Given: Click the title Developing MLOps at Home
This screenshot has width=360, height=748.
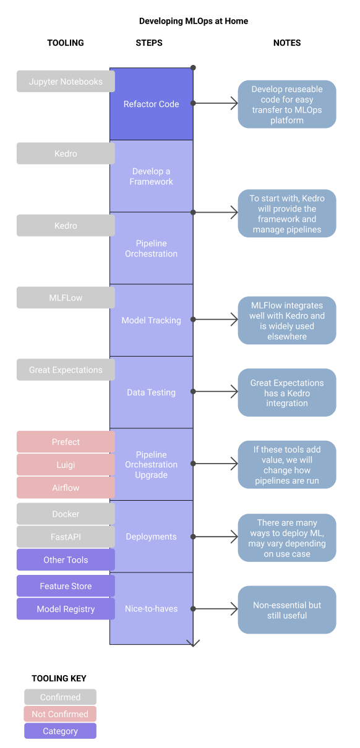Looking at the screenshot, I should tap(193, 21).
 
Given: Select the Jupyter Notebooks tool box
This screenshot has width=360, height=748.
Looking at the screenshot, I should tap(66, 82).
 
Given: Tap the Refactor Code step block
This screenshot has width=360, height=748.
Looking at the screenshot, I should tap(152, 104).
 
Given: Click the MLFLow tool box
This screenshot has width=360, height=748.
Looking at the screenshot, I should tap(66, 298).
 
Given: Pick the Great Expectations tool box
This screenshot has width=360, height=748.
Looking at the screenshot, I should tap(66, 370).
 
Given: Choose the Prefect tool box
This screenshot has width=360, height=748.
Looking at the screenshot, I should tap(66, 442).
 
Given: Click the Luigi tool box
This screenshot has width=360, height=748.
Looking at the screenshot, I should tap(66, 465).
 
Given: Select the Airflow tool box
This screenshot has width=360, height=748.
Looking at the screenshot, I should tap(66, 488).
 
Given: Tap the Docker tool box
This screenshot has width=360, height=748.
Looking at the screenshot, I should tap(66, 514).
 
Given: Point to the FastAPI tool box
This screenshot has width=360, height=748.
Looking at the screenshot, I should tap(66, 537).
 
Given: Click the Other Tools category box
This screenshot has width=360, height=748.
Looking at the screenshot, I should tap(66, 560).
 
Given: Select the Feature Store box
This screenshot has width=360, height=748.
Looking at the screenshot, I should tap(66, 586).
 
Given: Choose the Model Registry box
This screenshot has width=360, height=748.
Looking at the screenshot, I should tap(66, 609).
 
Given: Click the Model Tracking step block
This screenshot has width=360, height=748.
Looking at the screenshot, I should tap(152, 320).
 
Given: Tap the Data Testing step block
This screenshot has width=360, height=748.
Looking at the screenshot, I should tap(152, 392).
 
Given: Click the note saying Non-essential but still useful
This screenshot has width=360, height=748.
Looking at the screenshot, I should tap(287, 610).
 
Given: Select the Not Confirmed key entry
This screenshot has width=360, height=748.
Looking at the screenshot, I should tap(61, 714).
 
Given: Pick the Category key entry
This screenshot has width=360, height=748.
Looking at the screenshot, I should tap(61, 731).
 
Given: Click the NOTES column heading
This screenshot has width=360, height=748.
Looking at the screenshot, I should tap(287, 43).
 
